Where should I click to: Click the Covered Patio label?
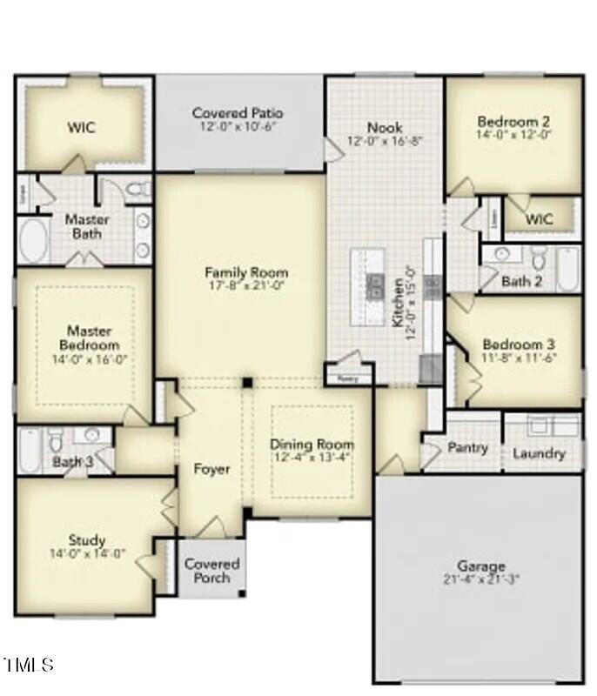pos(238,113)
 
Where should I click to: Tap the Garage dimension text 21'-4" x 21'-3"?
pos(481,579)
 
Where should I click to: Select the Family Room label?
pos(246,272)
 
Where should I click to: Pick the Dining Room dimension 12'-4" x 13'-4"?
pos(312,457)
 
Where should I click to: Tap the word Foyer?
pos(211,469)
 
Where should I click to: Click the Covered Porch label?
pos(211,571)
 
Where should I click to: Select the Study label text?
pos(87,539)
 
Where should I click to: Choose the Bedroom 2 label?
pos(513,122)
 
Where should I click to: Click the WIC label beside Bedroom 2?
pos(540,219)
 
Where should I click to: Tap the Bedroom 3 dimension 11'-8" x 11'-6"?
pos(519,358)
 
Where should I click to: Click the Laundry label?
pos(539,453)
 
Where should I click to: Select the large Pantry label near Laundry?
pos(467,448)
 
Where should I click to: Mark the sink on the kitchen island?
pos(376,286)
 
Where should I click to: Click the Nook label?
pos(385,128)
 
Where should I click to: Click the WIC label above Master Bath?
pos(82,128)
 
